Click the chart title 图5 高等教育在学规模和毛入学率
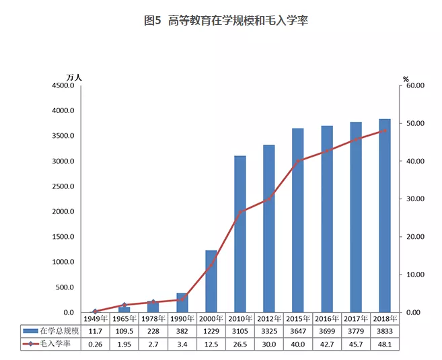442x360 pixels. click(221, 21)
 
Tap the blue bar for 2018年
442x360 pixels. click(384, 215)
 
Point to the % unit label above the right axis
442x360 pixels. click(406, 79)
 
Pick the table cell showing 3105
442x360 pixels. click(240, 330)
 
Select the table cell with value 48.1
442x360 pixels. click(384, 343)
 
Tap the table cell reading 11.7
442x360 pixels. click(95, 330)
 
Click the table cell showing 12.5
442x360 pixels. click(211, 343)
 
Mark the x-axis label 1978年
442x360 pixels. click(153, 318)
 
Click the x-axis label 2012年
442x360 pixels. click(268, 318)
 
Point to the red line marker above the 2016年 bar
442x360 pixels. click(326, 151)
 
